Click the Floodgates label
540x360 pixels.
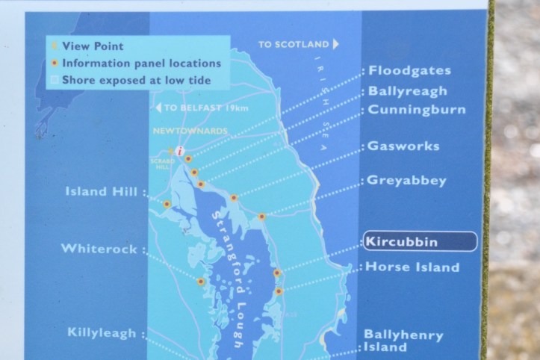pyautogui.click(x=410, y=71)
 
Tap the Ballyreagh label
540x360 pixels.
pyautogui.click(x=408, y=91)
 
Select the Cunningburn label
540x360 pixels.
pyautogui.click(x=417, y=110)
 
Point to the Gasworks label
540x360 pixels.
pyautogui.click(x=404, y=146)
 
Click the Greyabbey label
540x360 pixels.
pyautogui.click(x=408, y=180)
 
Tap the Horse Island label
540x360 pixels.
pyautogui.click(x=413, y=267)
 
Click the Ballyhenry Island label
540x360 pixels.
pyautogui.click(x=403, y=341)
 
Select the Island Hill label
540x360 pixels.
pyautogui.click(x=102, y=192)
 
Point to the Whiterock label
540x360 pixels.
pyautogui.click(x=99, y=249)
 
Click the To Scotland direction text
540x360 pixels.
pyautogui.click(x=293, y=45)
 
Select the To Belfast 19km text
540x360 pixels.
pyautogui.click(x=206, y=108)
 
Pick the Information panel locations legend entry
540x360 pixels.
pyautogui.click(x=141, y=63)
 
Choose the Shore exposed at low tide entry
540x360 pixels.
pyautogui.click(x=136, y=80)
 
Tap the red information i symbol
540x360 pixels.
pyautogui.click(x=180, y=151)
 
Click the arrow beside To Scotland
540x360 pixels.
pyautogui.click(x=336, y=44)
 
